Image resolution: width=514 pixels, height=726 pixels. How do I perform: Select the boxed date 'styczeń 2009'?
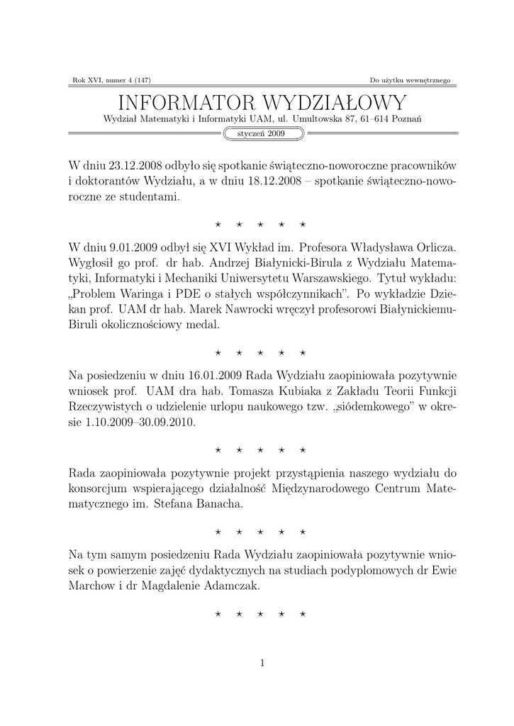pos(257,133)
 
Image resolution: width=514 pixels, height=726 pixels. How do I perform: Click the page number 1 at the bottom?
pos(262,663)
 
